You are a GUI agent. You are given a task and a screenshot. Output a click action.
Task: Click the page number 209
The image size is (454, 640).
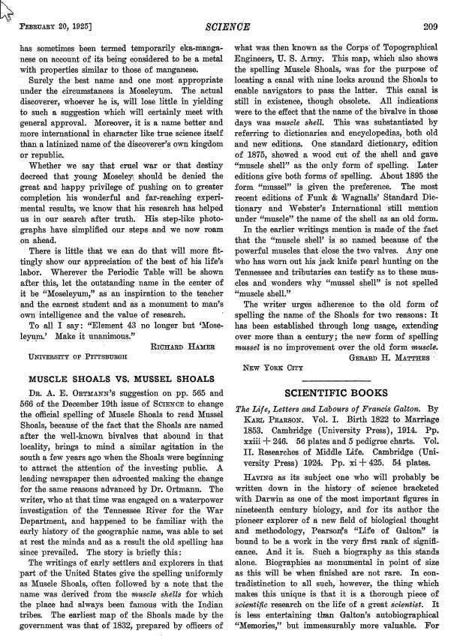[430, 28]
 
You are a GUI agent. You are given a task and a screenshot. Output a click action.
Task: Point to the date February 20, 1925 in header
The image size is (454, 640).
[55, 28]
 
